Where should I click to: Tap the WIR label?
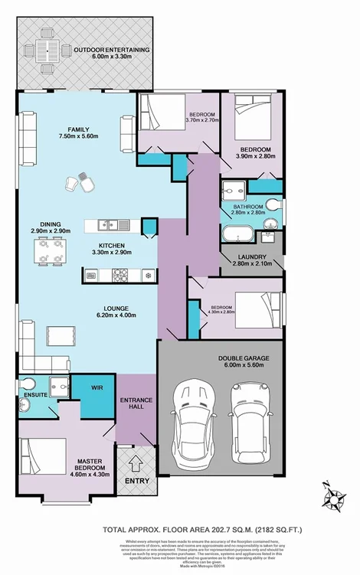97,388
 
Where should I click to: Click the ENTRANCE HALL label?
136,405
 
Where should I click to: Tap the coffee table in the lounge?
61,335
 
